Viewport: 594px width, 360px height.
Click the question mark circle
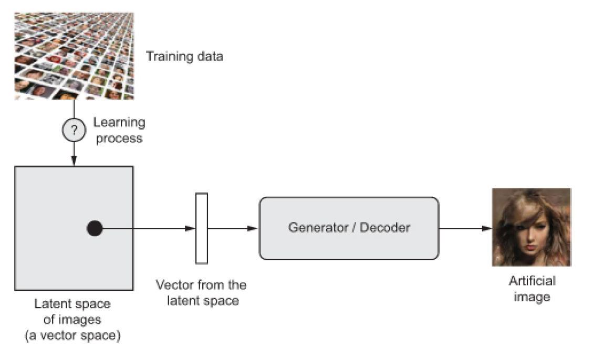(x=74, y=130)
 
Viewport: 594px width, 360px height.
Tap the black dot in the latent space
(x=95, y=228)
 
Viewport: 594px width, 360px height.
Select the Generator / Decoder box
(x=349, y=228)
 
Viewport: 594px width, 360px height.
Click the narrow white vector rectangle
(x=202, y=228)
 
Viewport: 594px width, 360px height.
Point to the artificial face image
(x=532, y=227)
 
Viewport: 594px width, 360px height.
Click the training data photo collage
(x=74, y=56)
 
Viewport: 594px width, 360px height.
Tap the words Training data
(x=184, y=56)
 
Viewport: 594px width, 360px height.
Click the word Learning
(x=119, y=123)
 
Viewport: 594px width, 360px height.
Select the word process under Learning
(x=119, y=139)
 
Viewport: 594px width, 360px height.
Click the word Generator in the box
(x=318, y=228)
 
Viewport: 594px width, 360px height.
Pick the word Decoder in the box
(x=385, y=228)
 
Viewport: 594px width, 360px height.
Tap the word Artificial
(x=532, y=281)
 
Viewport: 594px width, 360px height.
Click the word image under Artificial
(x=532, y=297)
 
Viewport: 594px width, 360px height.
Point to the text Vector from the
(x=201, y=284)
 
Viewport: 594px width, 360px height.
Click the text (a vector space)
(x=72, y=336)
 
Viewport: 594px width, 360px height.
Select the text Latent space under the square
(x=72, y=304)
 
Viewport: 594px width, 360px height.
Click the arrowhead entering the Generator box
(x=252, y=228)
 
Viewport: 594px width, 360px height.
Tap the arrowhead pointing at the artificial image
(x=487, y=228)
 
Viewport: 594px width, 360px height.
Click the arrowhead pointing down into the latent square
(x=74, y=160)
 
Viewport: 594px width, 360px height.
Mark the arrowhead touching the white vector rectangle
(x=190, y=228)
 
